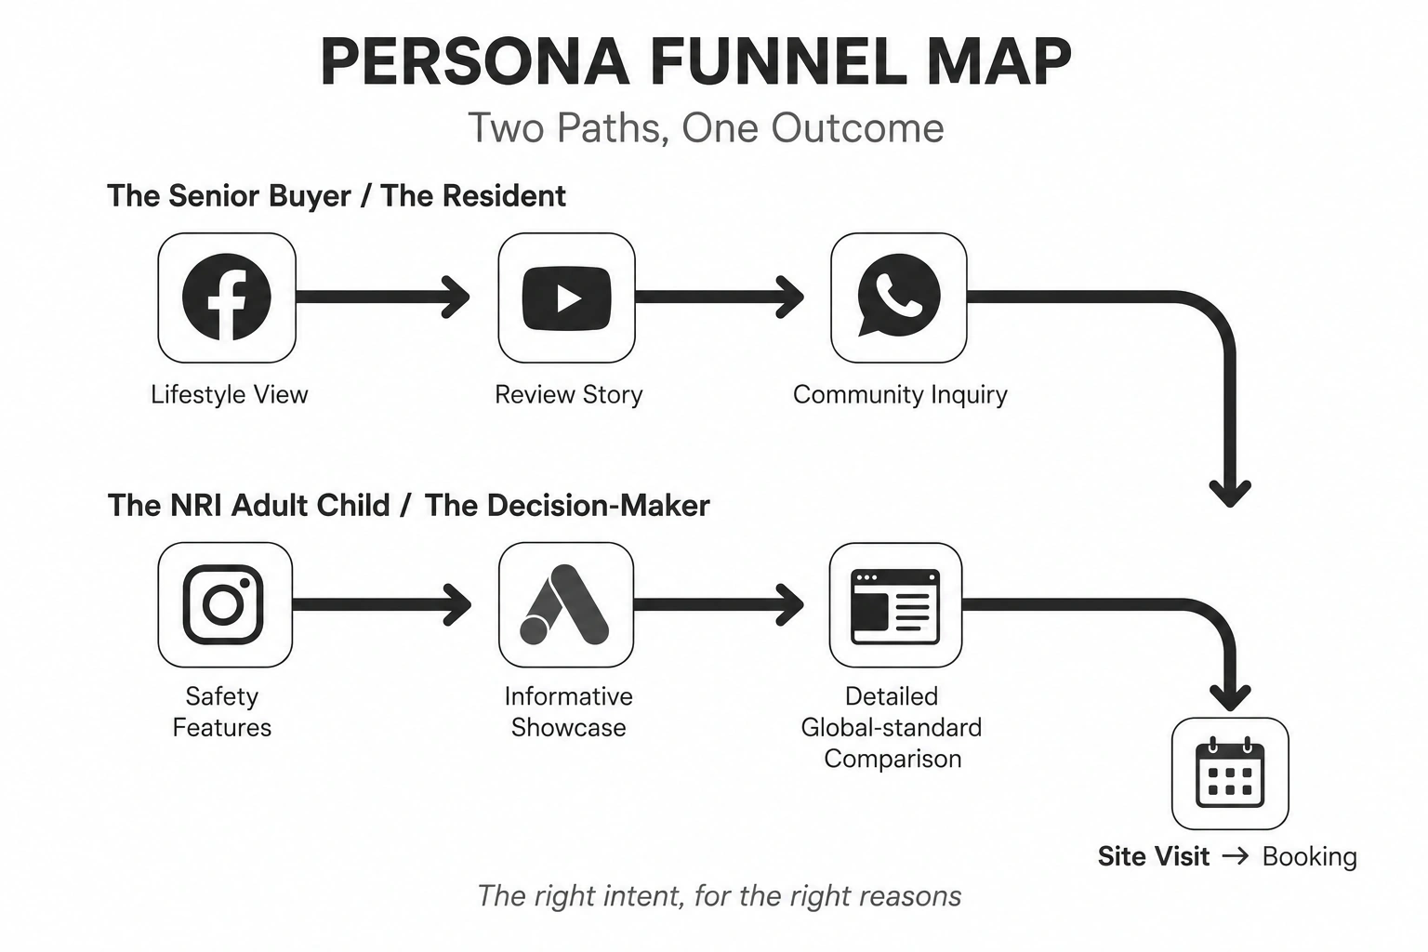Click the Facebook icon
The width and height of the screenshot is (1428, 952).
tap(226, 297)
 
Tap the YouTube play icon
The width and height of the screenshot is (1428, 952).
tap(566, 298)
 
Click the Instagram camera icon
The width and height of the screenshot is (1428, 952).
tap(223, 604)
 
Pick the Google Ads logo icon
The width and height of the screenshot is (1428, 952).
tap(565, 604)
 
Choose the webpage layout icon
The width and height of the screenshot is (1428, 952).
tap(895, 606)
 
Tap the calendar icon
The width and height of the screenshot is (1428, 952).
tap(1230, 773)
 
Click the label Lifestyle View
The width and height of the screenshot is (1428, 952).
tap(230, 395)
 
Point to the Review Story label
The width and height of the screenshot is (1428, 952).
tap(569, 395)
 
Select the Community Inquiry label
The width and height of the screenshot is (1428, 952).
tap(900, 395)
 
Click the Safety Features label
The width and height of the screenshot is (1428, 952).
tap(222, 711)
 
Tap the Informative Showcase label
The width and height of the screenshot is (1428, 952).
tap(569, 711)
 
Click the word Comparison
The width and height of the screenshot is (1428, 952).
tap(892, 759)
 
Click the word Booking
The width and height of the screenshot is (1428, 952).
tap(1309, 856)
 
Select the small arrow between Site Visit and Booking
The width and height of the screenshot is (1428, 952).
tap(1236, 855)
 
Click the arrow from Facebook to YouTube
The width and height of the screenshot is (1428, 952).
tap(382, 297)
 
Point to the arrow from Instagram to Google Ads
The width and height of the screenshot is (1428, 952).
tap(381, 604)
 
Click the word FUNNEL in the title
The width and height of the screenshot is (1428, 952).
tap(779, 62)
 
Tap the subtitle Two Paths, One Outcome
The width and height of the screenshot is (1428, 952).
tap(706, 127)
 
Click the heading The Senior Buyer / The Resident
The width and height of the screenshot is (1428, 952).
tap(337, 196)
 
